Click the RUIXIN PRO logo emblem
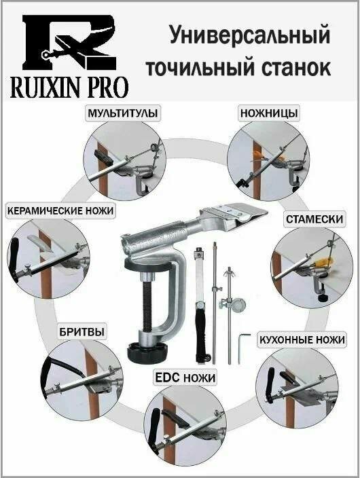click(68, 43)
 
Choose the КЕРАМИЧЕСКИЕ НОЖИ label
click(60, 210)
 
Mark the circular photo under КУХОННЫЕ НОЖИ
click(296, 387)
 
